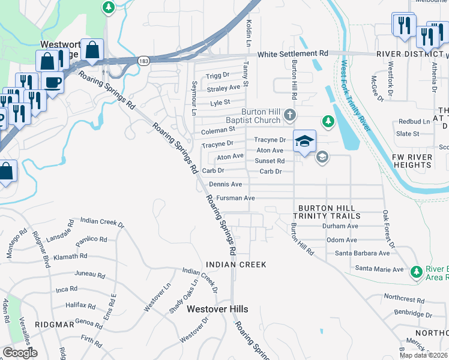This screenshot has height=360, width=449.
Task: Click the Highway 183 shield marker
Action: [x=143, y=61]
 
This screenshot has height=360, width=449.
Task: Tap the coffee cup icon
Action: [x=52, y=83]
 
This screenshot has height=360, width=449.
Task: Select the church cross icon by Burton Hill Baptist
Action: [x=290, y=114]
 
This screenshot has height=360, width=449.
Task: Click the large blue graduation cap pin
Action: [x=304, y=142]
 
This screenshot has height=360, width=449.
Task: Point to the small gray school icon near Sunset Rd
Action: [x=322, y=157]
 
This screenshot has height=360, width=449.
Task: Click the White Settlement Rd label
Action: [x=292, y=54]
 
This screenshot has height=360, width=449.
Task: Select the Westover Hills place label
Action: [x=217, y=309]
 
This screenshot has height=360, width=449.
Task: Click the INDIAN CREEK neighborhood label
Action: [x=236, y=264]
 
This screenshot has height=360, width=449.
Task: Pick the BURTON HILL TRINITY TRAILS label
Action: [x=327, y=211]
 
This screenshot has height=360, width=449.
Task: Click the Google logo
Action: [x=20, y=353]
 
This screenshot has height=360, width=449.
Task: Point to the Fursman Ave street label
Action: [x=236, y=197]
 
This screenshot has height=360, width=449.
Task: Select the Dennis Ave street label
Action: [x=225, y=184]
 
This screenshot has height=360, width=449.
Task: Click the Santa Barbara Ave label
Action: [x=363, y=253]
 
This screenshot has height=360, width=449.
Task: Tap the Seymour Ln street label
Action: [x=194, y=98]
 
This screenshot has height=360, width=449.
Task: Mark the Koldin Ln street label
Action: [x=247, y=33]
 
